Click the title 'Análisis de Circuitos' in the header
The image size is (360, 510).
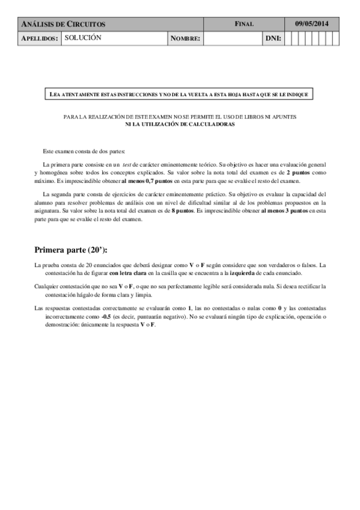(x=63, y=24)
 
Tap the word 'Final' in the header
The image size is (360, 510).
(x=245, y=24)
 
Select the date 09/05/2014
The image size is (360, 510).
(x=311, y=24)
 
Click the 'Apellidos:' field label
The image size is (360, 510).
(x=40, y=38)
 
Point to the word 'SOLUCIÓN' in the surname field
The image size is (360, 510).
(x=83, y=37)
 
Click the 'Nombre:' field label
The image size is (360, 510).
(x=185, y=38)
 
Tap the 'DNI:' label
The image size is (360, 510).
(x=273, y=38)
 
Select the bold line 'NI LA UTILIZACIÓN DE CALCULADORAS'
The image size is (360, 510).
(x=180, y=124)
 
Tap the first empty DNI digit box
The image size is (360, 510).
(x=288, y=38)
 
